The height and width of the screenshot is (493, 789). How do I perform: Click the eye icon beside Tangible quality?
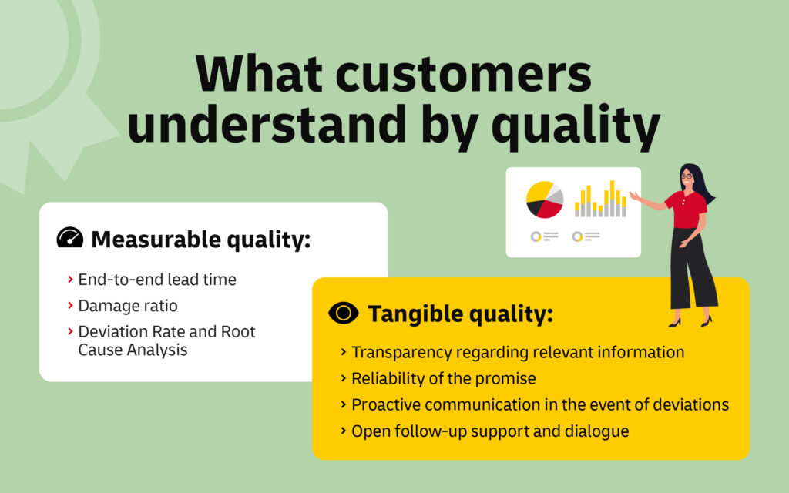point(343,313)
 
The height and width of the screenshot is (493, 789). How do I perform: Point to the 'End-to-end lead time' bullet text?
point(157,280)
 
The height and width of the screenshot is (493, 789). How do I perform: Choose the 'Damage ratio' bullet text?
point(128,306)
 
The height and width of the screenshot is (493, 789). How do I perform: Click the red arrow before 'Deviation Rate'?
point(70,332)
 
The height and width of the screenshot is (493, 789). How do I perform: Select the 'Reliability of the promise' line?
point(444,378)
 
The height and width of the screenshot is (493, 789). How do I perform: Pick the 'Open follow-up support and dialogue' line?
point(490,431)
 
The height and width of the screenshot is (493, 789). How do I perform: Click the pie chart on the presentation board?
point(545,200)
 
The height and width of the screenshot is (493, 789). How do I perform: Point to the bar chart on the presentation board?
point(600,200)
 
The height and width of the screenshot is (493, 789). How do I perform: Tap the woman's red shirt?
point(685,209)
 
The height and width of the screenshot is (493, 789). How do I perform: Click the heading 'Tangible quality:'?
point(460,314)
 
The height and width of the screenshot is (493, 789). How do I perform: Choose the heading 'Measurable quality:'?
point(200,240)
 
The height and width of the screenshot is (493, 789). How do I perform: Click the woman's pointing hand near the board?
point(634,196)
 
